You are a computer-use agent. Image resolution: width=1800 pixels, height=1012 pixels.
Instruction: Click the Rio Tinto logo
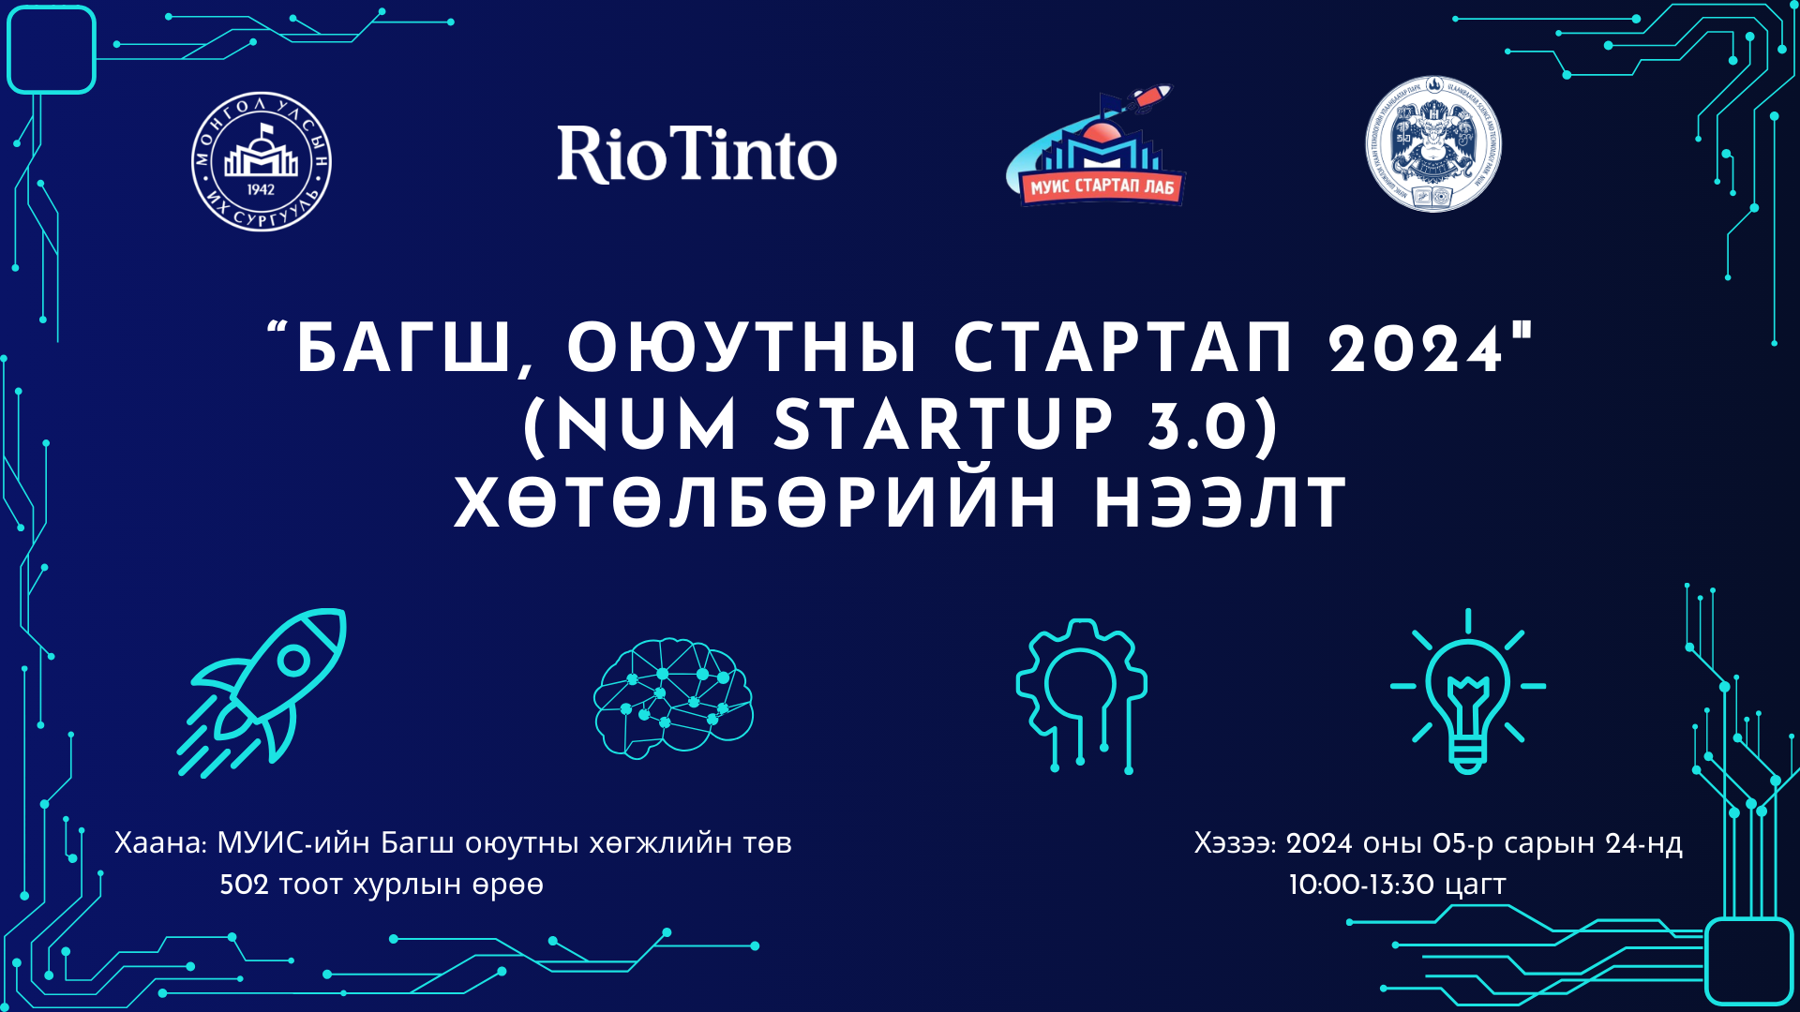click(697, 155)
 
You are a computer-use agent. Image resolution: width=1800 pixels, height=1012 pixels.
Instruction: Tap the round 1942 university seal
click(262, 162)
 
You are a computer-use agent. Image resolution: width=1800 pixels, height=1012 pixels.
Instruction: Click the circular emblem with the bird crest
click(1432, 144)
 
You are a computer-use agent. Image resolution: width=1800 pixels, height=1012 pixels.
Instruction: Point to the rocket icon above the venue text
click(263, 692)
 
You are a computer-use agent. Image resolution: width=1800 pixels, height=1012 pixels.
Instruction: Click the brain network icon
click(673, 698)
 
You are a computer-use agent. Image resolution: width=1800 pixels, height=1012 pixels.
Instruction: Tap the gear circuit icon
click(1082, 694)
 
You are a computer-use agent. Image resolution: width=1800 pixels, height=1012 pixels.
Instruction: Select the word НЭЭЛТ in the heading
click(1221, 504)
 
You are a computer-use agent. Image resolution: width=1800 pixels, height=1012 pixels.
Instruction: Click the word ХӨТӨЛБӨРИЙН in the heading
click(756, 504)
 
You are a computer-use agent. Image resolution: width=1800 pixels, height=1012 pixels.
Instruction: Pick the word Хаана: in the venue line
click(160, 843)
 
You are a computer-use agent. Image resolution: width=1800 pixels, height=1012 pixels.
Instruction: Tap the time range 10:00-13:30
click(1362, 885)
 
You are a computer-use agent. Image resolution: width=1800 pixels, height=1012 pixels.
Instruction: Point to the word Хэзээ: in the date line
click(1235, 843)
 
